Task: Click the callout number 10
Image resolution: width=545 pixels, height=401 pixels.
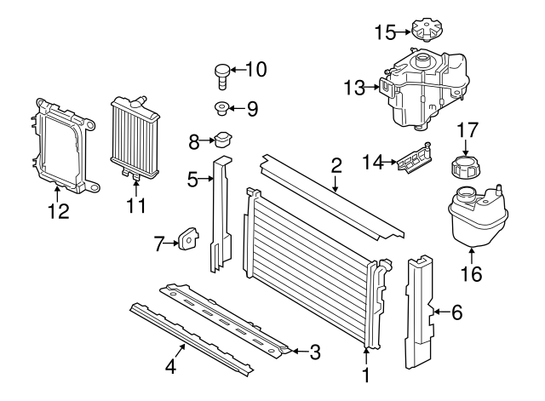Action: click(255, 69)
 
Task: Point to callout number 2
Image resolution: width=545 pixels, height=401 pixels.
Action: click(336, 164)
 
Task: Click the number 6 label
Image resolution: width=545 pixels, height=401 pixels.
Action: click(456, 313)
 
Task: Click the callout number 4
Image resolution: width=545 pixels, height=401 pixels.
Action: click(170, 368)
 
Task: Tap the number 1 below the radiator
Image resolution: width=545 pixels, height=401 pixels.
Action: click(367, 374)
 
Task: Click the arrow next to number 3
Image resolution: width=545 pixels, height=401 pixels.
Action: click(295, 350)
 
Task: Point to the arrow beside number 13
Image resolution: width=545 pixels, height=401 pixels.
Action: click(373, 86)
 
